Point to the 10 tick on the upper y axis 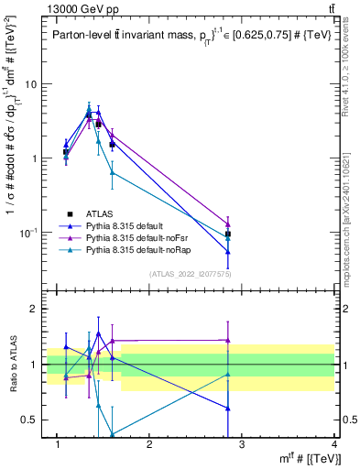pos(35,83)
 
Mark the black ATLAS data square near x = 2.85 pos(227,234)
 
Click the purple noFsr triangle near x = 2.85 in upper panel pos(227,224)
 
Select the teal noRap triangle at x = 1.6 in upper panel pos(112,172)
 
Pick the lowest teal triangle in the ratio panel pos(112,434)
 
